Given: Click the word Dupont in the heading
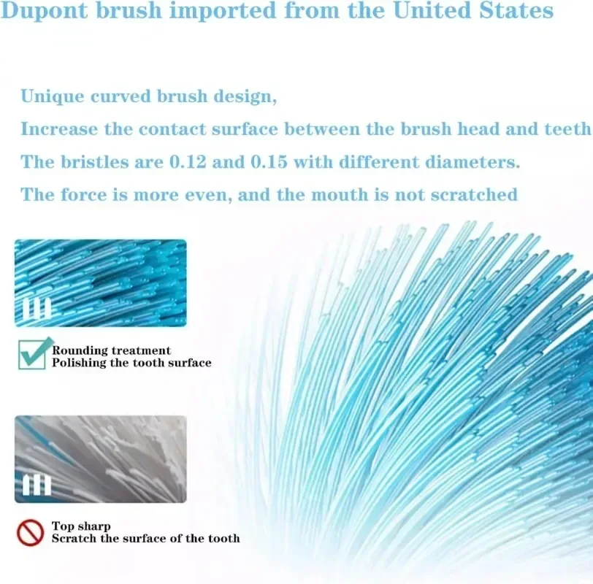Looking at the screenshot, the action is pos(45,11).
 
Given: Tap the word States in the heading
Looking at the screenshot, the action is pos(516,10).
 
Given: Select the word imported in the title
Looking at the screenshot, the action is pos(223,11).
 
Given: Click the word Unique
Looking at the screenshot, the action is pos(52,96).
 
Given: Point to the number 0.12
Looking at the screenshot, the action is pos(188,162).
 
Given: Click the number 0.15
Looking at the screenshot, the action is pos(269,162).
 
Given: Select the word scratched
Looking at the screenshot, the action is pos(474,195).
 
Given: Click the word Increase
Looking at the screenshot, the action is pos(59,129).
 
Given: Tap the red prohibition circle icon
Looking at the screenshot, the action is pos(30,533).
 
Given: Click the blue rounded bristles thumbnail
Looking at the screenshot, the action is pos(101,283).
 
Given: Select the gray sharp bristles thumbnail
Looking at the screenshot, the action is pos(101,459).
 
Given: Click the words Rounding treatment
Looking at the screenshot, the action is pos(111,350).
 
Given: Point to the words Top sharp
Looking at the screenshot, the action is pos(81,526).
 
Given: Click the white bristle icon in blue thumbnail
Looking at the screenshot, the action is pos(37,309).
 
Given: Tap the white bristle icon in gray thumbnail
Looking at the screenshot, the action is pos(37,485).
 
